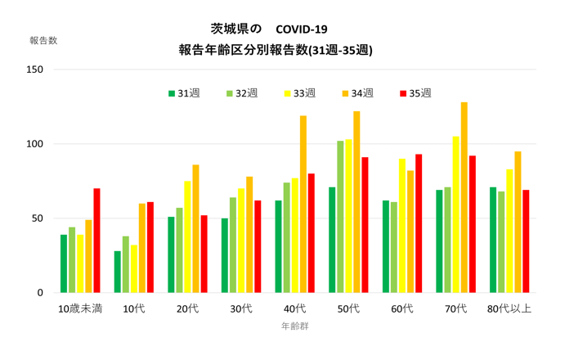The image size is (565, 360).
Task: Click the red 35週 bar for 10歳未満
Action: coord(96,241)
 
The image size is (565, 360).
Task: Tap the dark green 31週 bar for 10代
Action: coord(118,272)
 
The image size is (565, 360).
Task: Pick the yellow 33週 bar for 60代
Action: coord(402,226)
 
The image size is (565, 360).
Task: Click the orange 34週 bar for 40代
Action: coord(303,204)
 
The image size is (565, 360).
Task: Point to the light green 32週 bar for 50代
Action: coord(340,217)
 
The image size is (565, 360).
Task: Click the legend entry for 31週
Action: coord(184,93)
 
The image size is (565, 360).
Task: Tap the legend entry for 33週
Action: coord(299,93)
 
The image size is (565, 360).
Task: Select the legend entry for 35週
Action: coord(415,93)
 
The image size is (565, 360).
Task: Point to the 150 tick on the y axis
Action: coord(34,70)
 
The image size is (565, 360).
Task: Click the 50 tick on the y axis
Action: coord(38,218)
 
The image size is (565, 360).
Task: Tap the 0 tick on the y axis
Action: coord(40,293)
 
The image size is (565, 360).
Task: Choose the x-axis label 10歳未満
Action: coord(80,308)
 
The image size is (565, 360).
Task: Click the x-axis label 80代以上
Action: coord(509,308)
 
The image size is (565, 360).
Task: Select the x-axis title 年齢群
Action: coord(294,326)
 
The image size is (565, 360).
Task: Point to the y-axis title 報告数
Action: coord(43,40)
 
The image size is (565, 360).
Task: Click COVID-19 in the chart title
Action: coord(302,29)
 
